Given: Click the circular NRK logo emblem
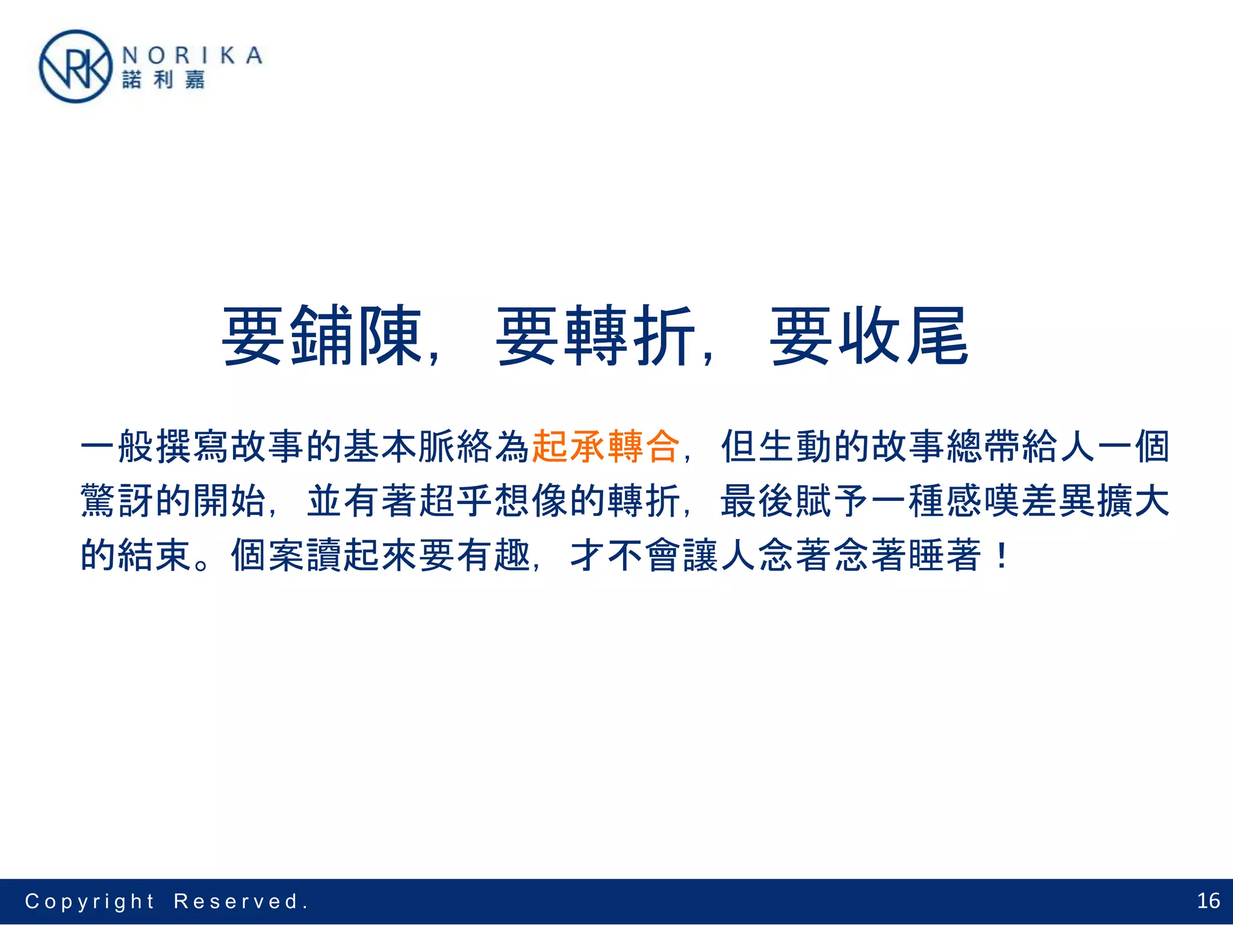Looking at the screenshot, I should (75, 67).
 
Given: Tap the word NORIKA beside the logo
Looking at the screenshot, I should (192, 55).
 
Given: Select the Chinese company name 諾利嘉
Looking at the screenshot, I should (163, 80).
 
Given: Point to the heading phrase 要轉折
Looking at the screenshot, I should (595, 336).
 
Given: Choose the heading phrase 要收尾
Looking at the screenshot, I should (869, 336).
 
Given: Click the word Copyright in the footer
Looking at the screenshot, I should (90, 902).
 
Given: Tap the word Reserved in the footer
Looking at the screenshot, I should (236, 902).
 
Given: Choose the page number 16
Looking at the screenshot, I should (1208, 901).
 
